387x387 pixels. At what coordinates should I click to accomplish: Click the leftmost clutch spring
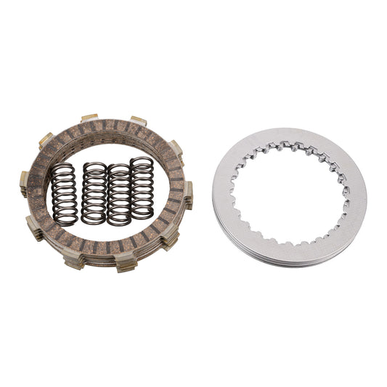pyautogui.click(x=63, y=193)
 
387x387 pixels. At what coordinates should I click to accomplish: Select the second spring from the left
pyautogui.click(x=94, y=193)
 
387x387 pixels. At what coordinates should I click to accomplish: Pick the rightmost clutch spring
pyautogui.click(x=142, y=188)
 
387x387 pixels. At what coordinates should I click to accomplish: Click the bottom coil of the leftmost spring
pyautogui.click(x=64, y=220)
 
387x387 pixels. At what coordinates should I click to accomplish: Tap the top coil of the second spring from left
pyautogui.click(x=94, y=167)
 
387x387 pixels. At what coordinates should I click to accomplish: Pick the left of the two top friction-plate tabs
pyautogui.click(x=89, y=118)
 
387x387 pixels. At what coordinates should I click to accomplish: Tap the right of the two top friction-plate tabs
pyautogui.click(x=138, y=120)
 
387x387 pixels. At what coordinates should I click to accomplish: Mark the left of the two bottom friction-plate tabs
pyautogui.click(x=76, y=262)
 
